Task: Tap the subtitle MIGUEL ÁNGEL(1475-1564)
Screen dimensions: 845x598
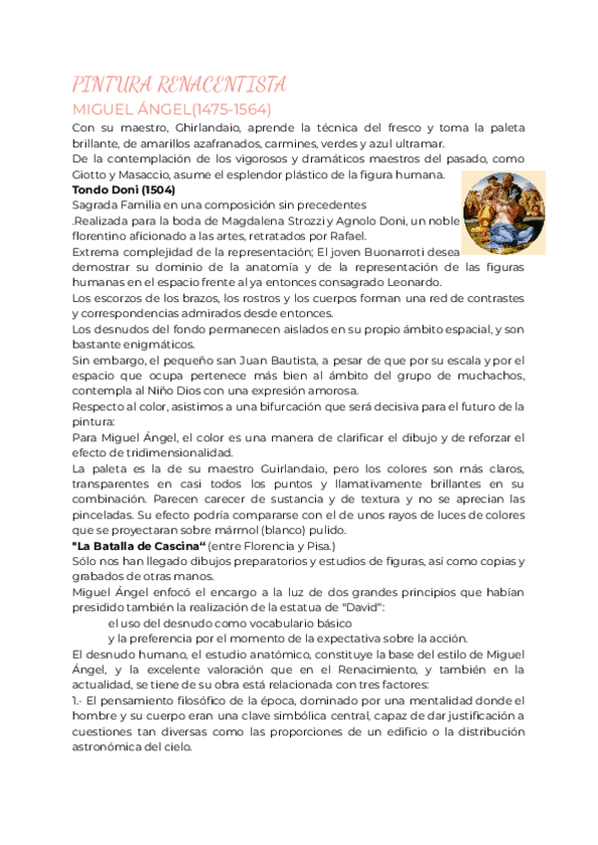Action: (171, 109)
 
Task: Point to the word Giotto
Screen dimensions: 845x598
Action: (92, 175)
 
